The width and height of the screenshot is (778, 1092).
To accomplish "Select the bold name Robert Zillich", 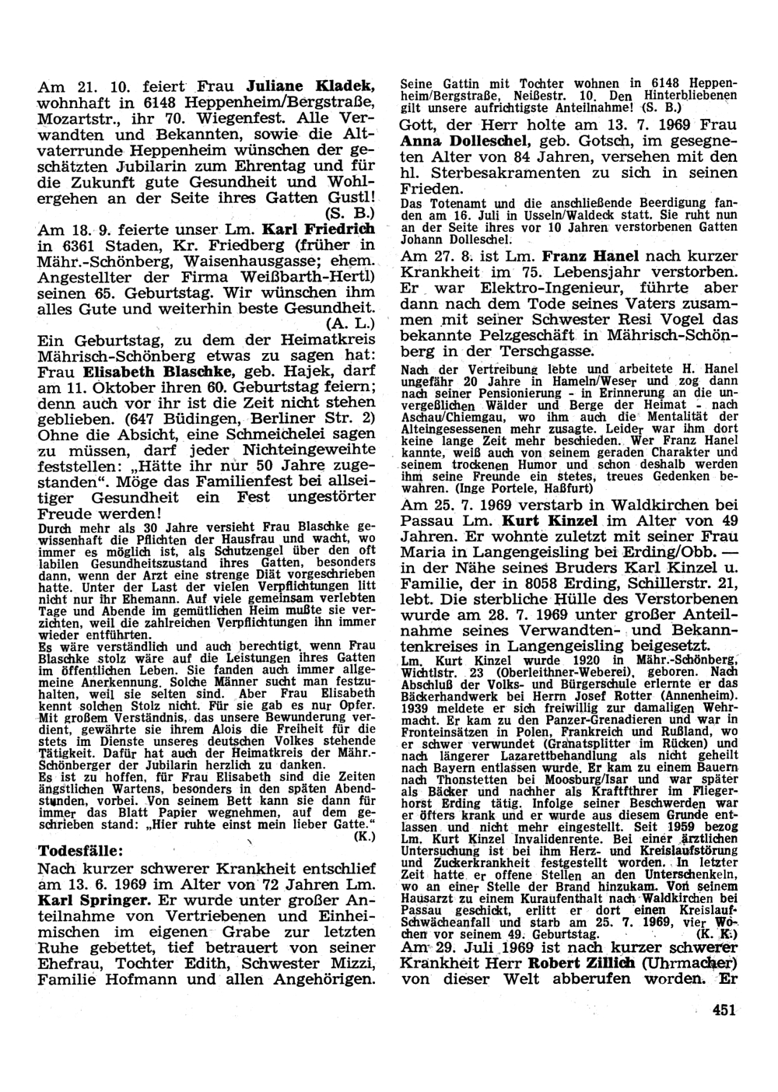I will coord(573,961).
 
